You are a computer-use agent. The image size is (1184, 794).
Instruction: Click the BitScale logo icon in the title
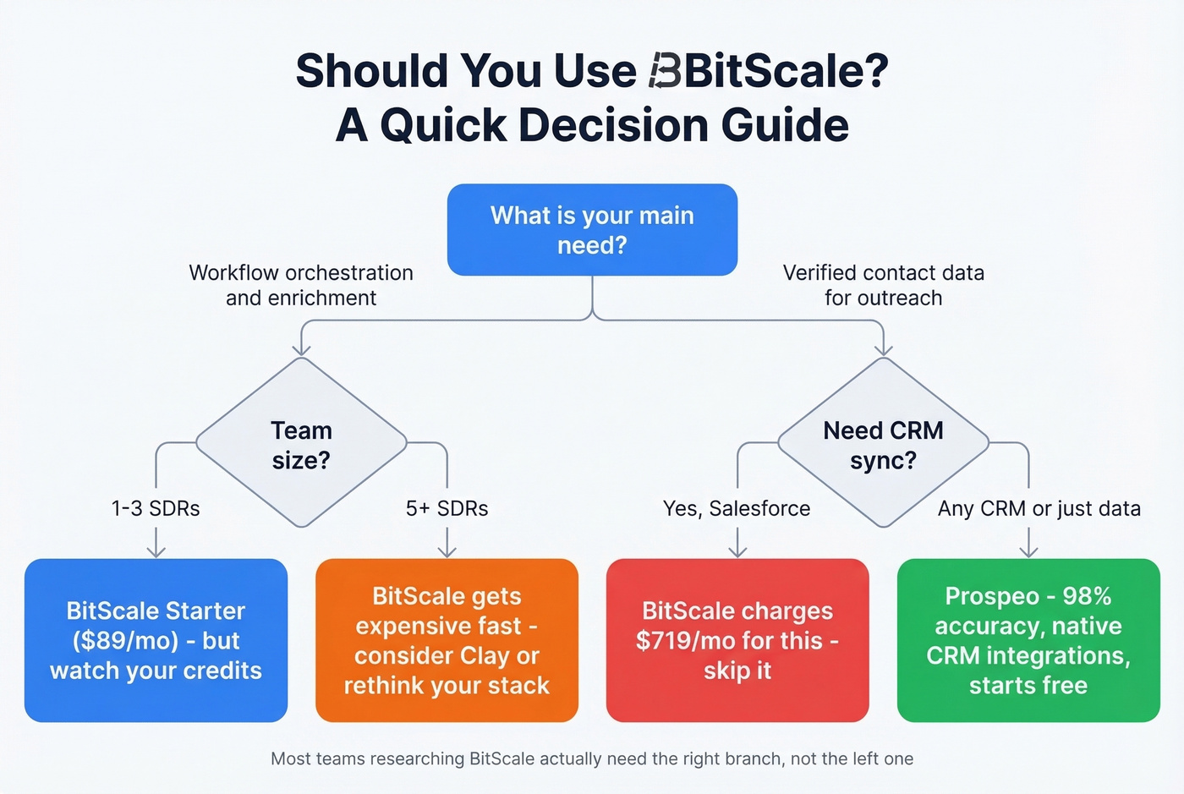(x=665, y=71)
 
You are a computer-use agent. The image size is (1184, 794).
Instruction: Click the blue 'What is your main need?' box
(x=592, y=230)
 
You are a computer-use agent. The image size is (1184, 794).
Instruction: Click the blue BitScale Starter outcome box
(x=156, y=640)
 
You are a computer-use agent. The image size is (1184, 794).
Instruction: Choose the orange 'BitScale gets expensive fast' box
(x=447, y=640)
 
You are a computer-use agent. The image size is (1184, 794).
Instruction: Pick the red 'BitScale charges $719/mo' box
(x=737, y=640)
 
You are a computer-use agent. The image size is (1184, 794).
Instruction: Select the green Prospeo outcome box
(x=1028, y=640)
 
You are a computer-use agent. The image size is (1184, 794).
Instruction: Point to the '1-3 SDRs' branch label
(x=156, y=508)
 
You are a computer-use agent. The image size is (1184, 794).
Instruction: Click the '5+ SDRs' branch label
(x=447, y=508)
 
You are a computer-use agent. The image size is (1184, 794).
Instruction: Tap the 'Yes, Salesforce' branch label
(x=737, y=508)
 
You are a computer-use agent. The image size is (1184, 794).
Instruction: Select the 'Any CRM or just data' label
(x=1039, y=508)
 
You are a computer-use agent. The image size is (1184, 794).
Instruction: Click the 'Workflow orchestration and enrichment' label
(x=301, y=285)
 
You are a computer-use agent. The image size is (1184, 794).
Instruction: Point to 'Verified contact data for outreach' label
(x=883, y=285)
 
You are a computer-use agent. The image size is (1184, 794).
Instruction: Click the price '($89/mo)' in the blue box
(x=125, y=641)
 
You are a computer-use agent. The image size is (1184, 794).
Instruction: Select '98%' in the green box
(x=1087, y=596)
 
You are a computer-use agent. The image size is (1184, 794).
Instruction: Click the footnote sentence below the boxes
(x=592, y=758)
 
